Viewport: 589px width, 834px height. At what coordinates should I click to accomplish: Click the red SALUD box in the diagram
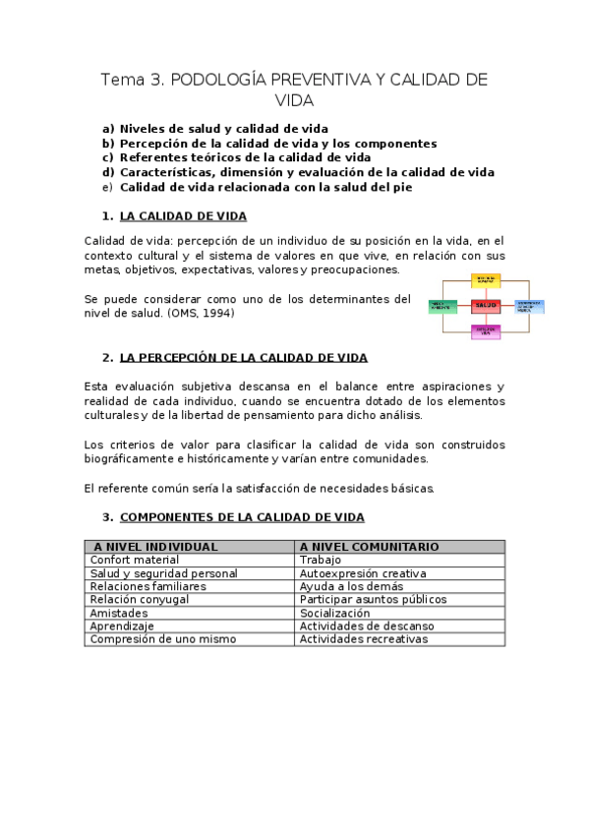click(x=486, y=306)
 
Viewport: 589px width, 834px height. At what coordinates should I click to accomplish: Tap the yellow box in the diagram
click(x=486, y=280)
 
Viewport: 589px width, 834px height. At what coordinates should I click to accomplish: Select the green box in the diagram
click(x=442, y=306)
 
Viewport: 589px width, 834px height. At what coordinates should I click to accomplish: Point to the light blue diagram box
click(x=529, y=306)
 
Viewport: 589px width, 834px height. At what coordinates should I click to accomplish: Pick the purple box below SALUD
click(x=486, y=331)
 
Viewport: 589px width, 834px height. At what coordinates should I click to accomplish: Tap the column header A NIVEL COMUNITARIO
click(x=369, y=547)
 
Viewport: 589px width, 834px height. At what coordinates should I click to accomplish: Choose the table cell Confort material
click(x=135, y=560)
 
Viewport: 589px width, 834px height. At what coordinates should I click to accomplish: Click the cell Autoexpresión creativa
click(x=362, y=573)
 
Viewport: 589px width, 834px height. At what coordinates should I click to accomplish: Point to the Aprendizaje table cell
click(x=122, y=625)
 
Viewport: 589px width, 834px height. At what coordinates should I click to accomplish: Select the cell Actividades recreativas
click(x=364, y=639)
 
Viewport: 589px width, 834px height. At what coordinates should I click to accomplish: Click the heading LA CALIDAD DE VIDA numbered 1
click(x=183, y=216)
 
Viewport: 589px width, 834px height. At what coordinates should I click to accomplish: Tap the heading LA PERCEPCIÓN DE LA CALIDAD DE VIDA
click(x=244, y=358)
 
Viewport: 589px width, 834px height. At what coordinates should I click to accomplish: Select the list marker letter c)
click(x=108, y=156)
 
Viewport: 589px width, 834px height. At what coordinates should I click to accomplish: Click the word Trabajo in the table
click(x=321, y=560)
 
